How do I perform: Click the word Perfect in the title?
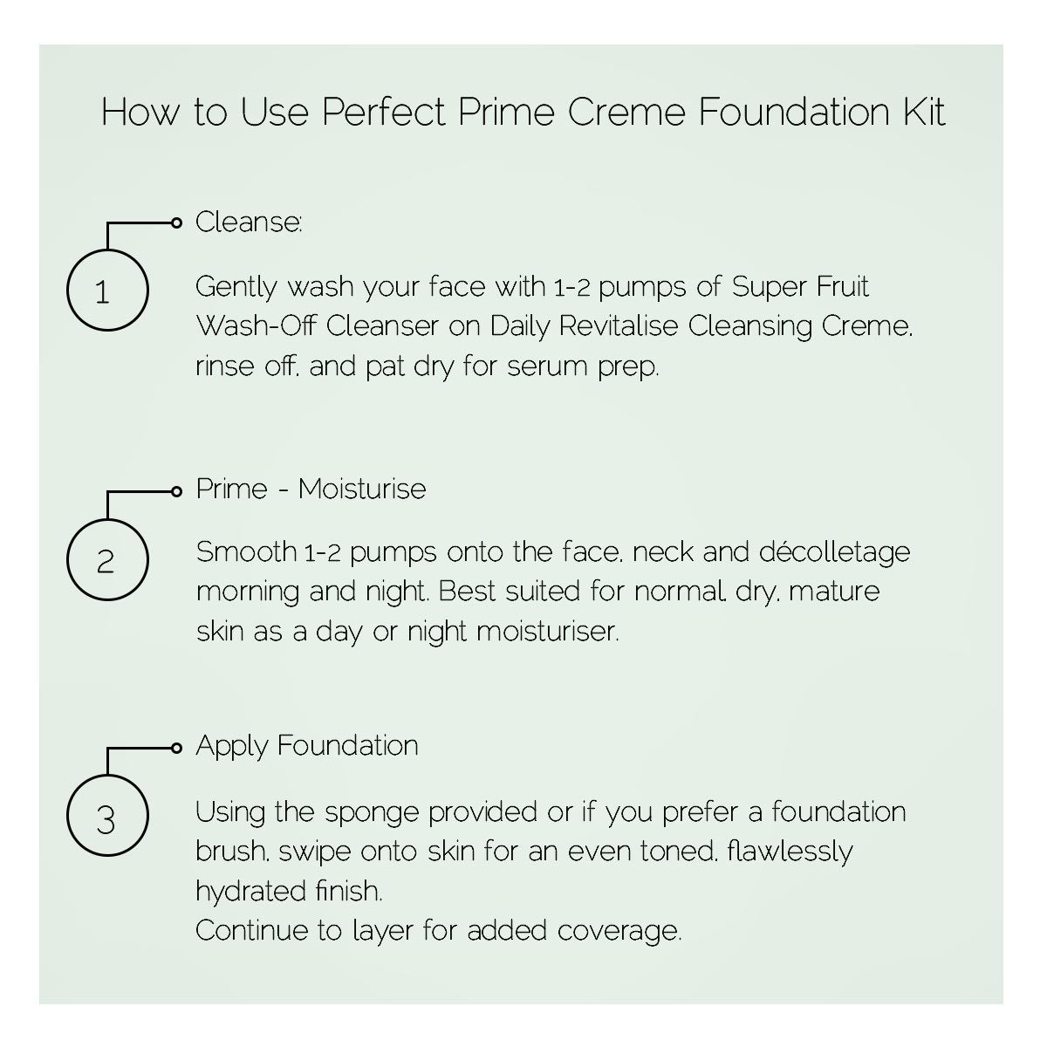coord(384,112)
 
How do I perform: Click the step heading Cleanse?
coord(249,222)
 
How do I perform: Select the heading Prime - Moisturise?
coord(311,489)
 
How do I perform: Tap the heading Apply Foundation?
coord(307,745)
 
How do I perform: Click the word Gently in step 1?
coord(236,287)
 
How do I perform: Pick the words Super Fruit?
coord(800,286)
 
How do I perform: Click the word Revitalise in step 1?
coord(619,326)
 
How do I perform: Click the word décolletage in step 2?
coord(834,552)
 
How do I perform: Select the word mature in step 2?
coord(834,592)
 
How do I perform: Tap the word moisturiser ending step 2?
coord(548,632)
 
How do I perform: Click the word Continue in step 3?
coord(251,931)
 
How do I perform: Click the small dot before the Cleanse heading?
coord(176,222)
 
